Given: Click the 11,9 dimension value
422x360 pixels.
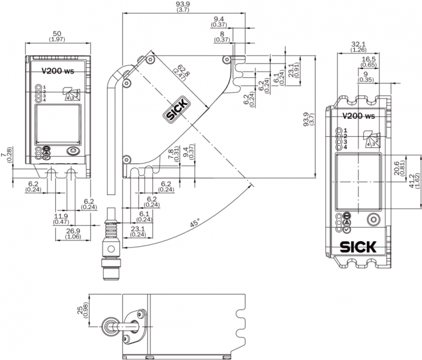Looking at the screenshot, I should click(x=61, y=215).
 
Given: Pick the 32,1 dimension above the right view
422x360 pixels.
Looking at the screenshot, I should click(x=358, y=44).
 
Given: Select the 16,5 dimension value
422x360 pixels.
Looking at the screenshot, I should click(x=368, y=59).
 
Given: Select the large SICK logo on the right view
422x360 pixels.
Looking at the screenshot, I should click(x=358, y=247).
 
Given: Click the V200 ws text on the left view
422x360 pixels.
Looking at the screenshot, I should click(x=56, y=70).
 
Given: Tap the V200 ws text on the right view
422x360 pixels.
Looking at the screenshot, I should click(x=358, y=116).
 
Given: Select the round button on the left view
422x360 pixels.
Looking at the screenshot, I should click(x=73, y=152).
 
